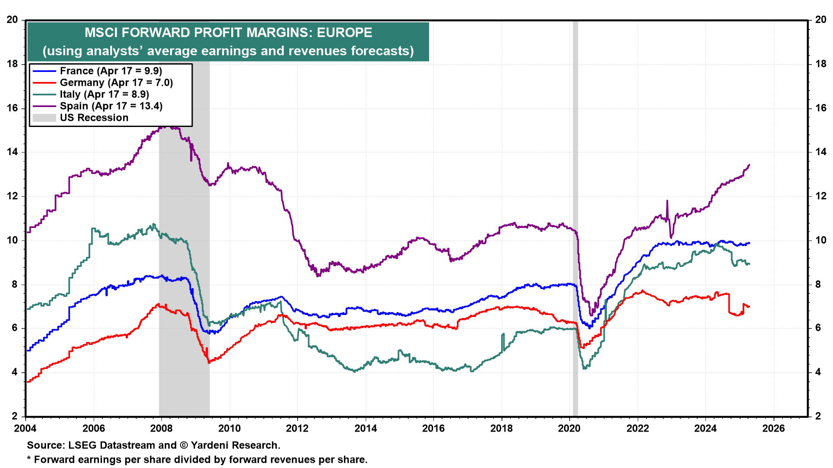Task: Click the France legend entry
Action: point(111,71)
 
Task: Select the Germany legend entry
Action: point(116,83)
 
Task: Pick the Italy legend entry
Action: point(104,94)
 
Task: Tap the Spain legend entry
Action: point(111,106)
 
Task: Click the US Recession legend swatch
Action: point(44,118)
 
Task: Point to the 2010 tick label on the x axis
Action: point(229,429)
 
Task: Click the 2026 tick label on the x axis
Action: point(774,429)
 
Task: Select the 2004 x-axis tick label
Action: point(26,429)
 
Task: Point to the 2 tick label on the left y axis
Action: point(15,416)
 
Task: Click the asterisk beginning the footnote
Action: point(29,459)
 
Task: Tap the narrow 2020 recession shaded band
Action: point(575,217)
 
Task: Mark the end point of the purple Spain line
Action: point(749,165)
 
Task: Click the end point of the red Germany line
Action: point(749,306)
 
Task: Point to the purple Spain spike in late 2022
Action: point(667,201)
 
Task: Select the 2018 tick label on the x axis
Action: point(502,429)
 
